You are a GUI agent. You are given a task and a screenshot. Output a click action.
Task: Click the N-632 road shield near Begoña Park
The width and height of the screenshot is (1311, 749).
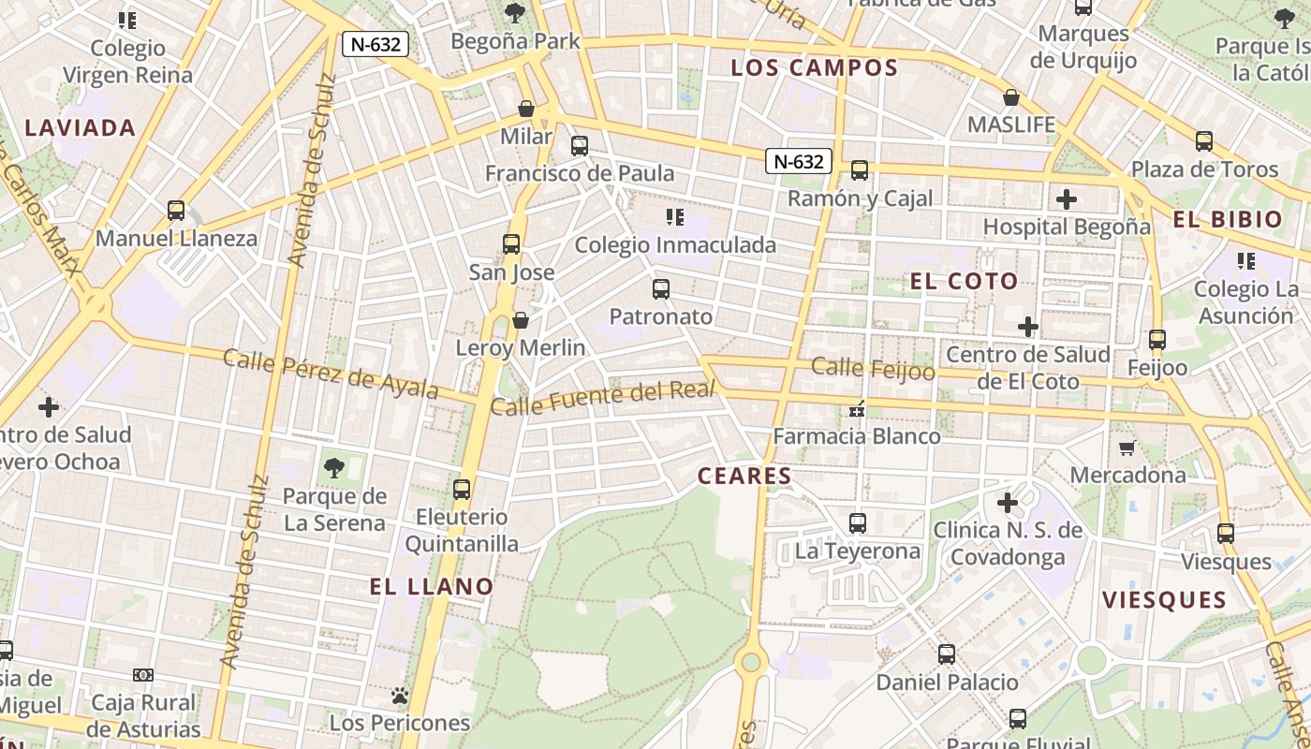coord(375,44)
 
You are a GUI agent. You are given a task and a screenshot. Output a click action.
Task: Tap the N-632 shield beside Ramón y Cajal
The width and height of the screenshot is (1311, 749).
coord(799,161)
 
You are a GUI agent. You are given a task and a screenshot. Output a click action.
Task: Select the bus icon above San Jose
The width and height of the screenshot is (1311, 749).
coord(511,244)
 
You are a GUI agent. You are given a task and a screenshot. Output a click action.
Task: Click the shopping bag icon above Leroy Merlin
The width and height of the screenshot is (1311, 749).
coord(521,321)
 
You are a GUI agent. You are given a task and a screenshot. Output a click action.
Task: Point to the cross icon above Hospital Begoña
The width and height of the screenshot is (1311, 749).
coord(1066,199)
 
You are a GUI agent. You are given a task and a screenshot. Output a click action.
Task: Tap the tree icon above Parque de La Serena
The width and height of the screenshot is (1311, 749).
coord(333,468)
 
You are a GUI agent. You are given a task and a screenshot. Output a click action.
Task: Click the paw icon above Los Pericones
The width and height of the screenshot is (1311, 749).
coord(400,696)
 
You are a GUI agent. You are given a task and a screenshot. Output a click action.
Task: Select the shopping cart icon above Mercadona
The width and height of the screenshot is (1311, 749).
coord(1127,448)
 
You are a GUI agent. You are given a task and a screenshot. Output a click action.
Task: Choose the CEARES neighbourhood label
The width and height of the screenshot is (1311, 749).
coord(745,476)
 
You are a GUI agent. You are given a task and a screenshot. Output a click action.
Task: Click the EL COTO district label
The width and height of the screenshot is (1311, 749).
coord(964,282)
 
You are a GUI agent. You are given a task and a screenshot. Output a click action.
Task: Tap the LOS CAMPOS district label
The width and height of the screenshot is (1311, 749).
coord(814,67)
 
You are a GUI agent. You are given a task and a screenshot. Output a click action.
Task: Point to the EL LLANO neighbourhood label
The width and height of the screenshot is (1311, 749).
coord(431,587)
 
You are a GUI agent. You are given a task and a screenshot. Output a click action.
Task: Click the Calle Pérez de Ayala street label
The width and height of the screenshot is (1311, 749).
coord(331,374)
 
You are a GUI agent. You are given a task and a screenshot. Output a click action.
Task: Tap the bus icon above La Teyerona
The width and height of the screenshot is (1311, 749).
coord(857,523)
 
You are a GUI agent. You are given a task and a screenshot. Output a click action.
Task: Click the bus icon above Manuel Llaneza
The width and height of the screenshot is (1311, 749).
coord(176,211)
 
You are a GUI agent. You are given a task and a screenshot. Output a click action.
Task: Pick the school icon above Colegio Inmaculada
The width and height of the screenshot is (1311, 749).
coord(674,218)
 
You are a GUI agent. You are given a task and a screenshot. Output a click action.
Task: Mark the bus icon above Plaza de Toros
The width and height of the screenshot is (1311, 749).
coord(1204,142)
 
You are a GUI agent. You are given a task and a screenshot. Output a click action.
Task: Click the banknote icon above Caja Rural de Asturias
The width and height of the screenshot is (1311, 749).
coord(143,675)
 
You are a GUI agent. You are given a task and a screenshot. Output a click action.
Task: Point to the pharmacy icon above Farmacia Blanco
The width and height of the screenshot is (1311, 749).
coord(856,409)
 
